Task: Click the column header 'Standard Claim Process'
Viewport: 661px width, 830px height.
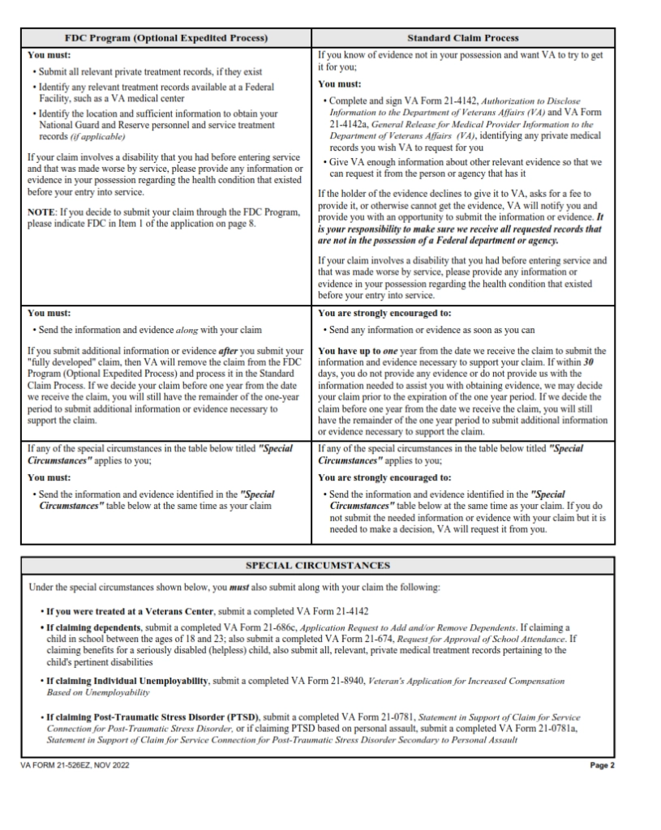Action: click(x=463, y=38)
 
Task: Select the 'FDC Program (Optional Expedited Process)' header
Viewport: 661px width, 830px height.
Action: click(x=166, y=38)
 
